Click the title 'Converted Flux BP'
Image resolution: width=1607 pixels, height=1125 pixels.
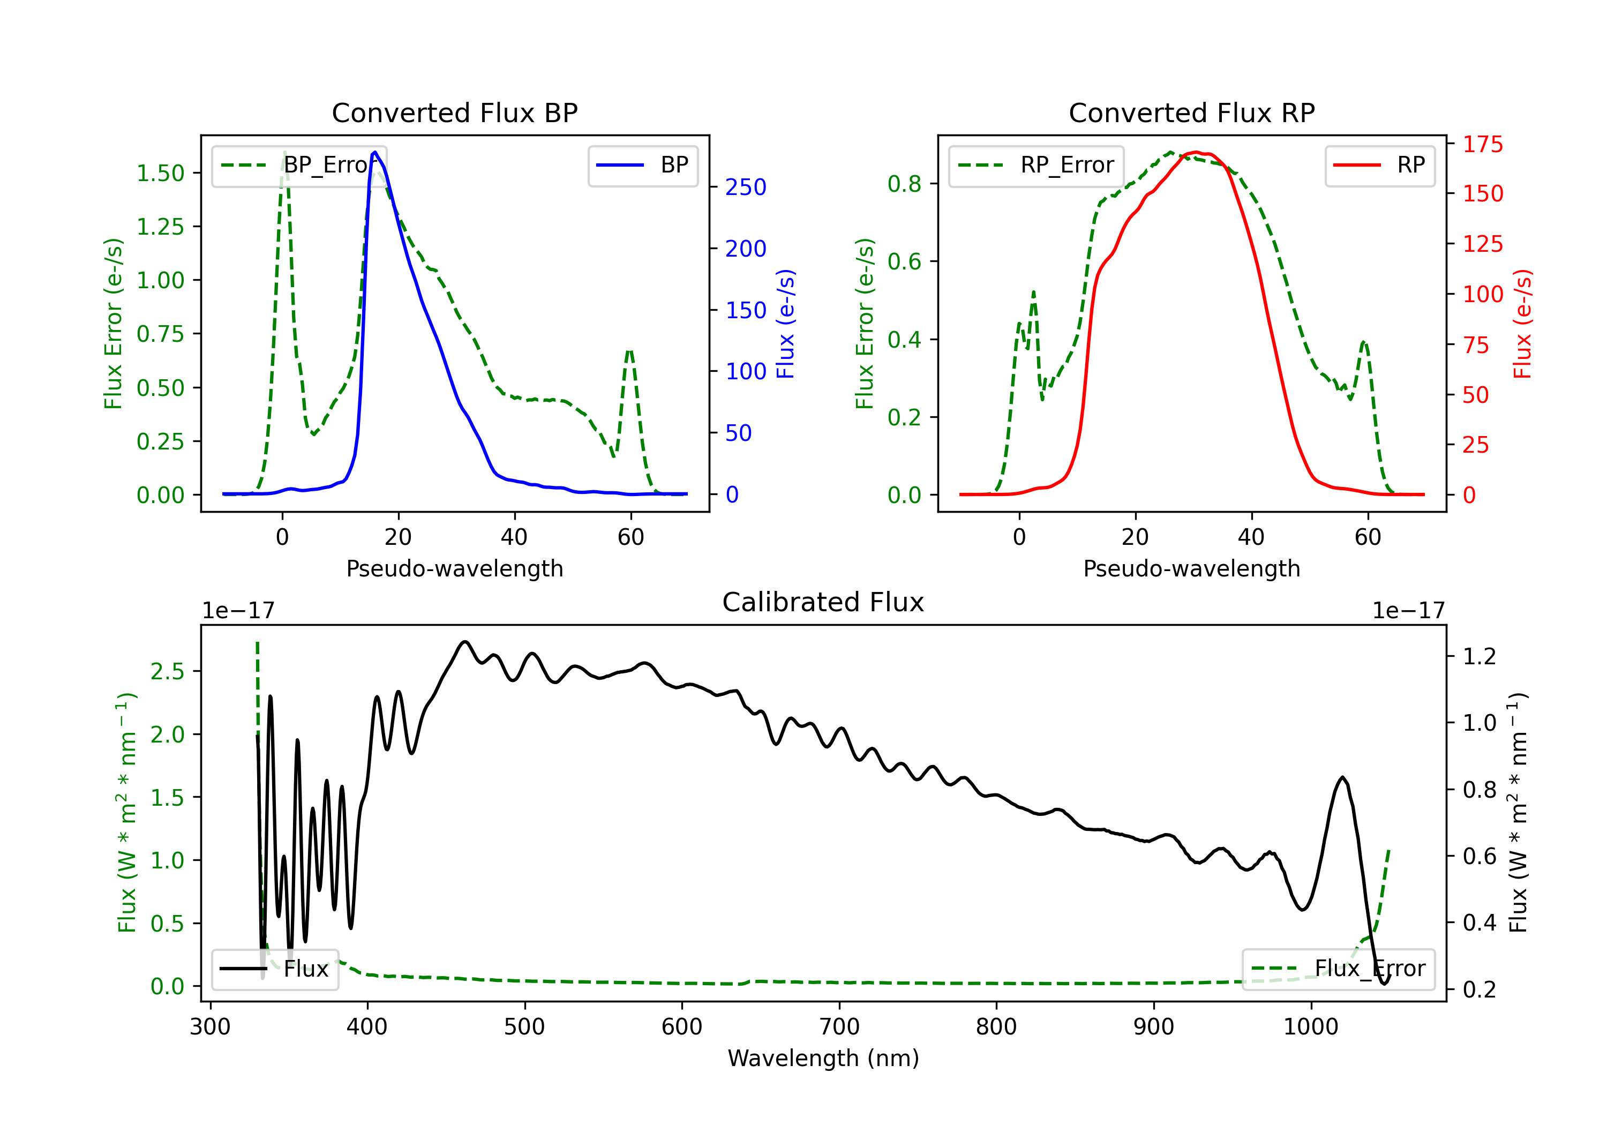(454, 112)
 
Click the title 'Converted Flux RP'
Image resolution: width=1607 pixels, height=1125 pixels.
(1191, 112)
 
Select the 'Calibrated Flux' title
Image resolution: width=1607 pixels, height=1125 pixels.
(823, 602)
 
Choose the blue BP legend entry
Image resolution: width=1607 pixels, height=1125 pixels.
(642, 165)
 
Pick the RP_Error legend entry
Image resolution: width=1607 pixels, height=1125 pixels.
(1036, 165)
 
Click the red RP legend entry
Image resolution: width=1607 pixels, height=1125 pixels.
(1379, 165)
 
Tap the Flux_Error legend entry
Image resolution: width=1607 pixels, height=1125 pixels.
(1338, 969)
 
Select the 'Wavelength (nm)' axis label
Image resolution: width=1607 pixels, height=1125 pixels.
(823, 1058)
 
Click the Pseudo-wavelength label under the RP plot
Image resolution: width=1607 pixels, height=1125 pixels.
(1191, 568)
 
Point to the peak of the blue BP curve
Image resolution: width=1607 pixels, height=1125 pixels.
(375, 152)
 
